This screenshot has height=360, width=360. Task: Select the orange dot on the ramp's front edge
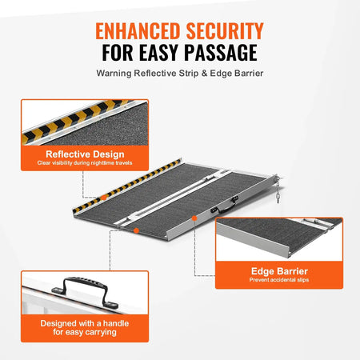(x=138, y=230)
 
